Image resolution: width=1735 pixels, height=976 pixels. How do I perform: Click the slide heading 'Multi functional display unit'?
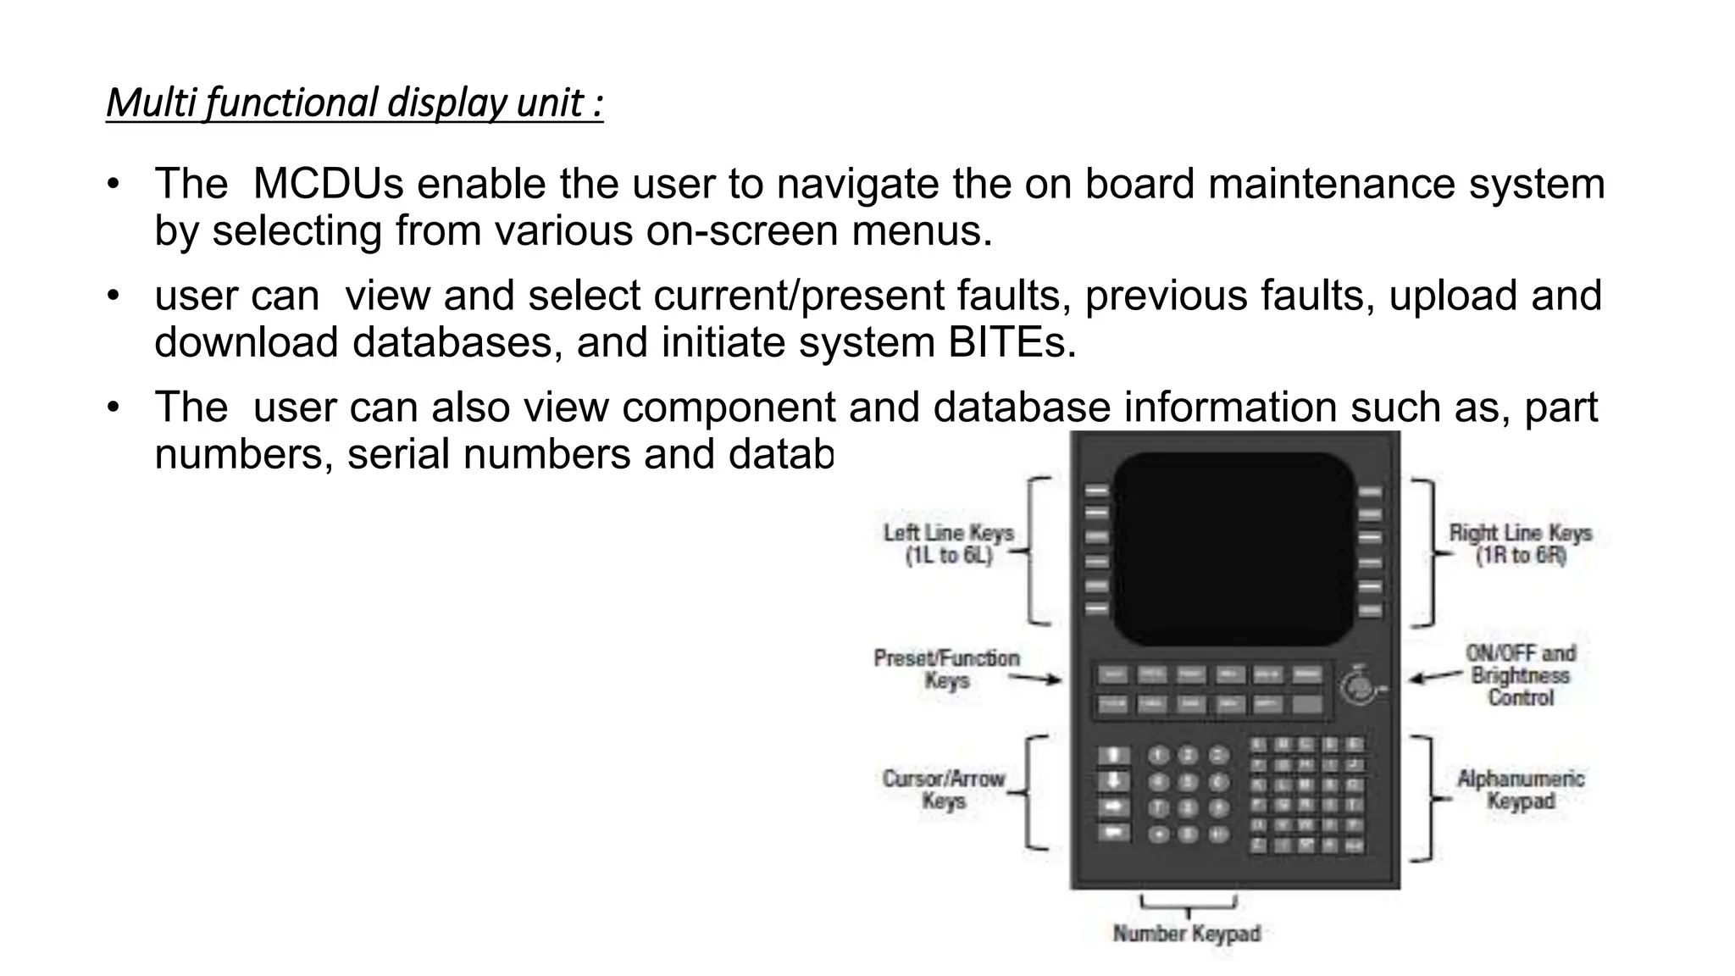[354, 103]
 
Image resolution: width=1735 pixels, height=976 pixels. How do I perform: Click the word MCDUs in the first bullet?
[329, 184]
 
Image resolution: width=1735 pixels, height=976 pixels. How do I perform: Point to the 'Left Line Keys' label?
[948, 544]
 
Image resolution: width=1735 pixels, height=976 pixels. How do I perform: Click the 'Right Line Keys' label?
[1520, 544]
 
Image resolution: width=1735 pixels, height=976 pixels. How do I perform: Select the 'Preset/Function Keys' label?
[946, 669]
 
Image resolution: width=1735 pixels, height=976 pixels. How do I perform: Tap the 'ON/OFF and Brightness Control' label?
[1521, 675]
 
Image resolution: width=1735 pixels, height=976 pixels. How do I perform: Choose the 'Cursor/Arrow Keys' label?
[943, 790]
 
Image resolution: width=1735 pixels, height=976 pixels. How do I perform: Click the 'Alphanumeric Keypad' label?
[1521, 790]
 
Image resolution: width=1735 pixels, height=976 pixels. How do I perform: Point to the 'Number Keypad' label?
[1186, 934]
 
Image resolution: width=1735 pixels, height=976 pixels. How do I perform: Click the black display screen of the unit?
[1233, 548]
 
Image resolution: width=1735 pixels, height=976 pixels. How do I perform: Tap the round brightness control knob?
[1358, 686]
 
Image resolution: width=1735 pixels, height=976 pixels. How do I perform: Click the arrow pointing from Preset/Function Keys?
[1035, 678]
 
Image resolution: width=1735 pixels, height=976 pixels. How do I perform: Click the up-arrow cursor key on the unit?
[1114, 756]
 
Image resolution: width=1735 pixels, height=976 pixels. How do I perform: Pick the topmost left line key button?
[1096, 491]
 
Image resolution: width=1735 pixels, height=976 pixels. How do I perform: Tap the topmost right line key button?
[1370, 491]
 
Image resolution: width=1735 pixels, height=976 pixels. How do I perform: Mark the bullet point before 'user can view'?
[114, 297]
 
